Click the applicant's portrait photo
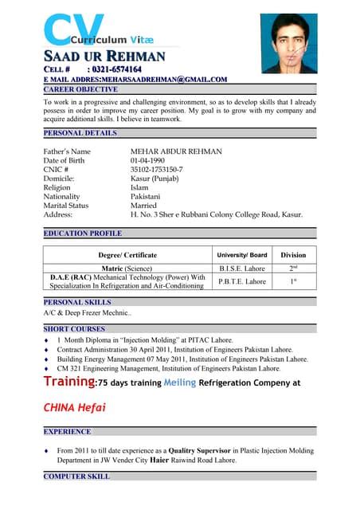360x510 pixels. point(288,43)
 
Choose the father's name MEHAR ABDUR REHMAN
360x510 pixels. point(176,151)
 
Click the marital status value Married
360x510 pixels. point(143,205)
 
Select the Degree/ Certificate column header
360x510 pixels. point(127,255)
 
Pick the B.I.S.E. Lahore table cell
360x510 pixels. point(242,269)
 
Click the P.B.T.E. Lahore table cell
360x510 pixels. point(242,281)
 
